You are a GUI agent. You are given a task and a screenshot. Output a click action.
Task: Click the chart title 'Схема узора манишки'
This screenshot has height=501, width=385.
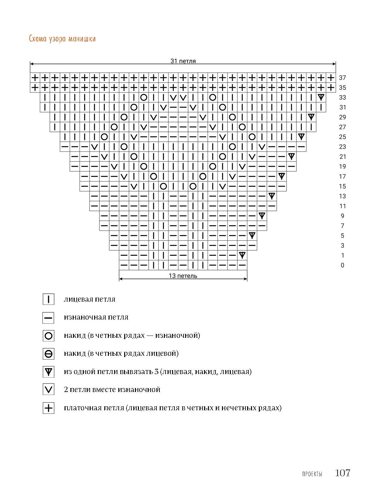[62, 39]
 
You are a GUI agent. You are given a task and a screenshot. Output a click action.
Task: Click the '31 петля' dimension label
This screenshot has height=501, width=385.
[183, 61]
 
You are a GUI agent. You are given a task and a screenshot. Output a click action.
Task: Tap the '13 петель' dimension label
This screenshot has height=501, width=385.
[183, 276]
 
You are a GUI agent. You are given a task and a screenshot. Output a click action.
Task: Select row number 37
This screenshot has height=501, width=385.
[342, 78]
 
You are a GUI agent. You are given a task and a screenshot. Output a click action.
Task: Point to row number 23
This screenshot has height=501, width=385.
[342, 147]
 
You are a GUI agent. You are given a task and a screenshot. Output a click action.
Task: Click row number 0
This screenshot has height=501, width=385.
[342, 265]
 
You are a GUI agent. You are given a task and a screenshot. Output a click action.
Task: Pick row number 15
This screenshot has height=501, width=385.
[342, 186]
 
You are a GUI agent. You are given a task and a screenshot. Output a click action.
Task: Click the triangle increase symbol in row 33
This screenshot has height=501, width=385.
[321, 97]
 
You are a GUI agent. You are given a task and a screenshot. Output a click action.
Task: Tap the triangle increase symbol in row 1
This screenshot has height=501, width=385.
[242, 255]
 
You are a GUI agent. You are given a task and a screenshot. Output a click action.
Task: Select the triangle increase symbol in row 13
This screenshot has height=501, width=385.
[272, 196]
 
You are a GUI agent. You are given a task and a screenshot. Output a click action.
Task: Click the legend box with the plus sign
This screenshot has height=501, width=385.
[49, 408]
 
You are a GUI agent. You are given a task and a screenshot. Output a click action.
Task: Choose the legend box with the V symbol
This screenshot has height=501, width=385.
[49, 390]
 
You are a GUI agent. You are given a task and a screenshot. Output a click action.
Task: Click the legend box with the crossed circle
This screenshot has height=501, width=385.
[49, 353]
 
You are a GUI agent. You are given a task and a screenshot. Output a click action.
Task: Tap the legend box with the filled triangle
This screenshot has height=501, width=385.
[49, 372]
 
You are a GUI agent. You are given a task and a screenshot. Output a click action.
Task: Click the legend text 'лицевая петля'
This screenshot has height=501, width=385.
[90, 299]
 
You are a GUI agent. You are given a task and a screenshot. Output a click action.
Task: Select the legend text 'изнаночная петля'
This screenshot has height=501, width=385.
[96, 317]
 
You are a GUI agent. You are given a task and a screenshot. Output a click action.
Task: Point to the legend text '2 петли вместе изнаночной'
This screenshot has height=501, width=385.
[112, 390]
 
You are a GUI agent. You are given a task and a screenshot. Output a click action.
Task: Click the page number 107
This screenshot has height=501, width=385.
[342, 473]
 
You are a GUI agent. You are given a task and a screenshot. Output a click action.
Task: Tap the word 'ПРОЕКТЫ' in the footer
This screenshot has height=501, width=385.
[312, 474]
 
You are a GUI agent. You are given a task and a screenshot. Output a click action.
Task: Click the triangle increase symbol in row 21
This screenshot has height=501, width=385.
[291, 157]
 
